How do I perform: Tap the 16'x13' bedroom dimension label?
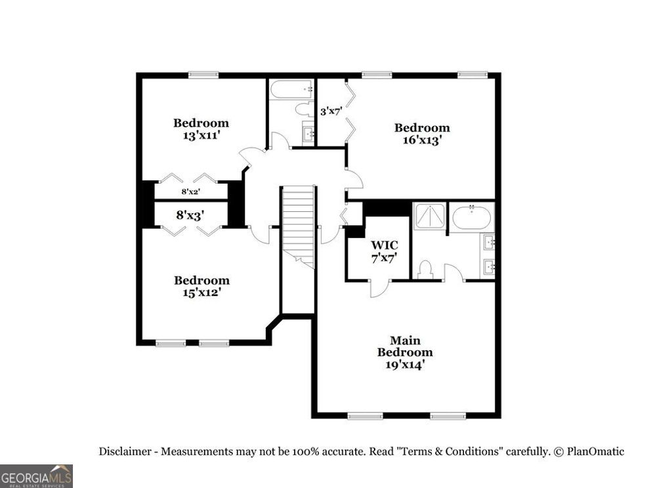421,140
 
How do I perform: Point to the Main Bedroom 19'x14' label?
404,352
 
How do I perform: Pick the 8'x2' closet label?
190,192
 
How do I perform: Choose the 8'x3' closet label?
190,214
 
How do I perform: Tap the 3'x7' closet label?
331,111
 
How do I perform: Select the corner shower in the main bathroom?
430,216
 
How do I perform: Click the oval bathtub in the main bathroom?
472,217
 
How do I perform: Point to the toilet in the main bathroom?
425,269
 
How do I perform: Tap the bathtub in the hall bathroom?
291,89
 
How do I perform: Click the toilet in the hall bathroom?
304,109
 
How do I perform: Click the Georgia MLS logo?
36,476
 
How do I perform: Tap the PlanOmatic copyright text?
588,451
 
